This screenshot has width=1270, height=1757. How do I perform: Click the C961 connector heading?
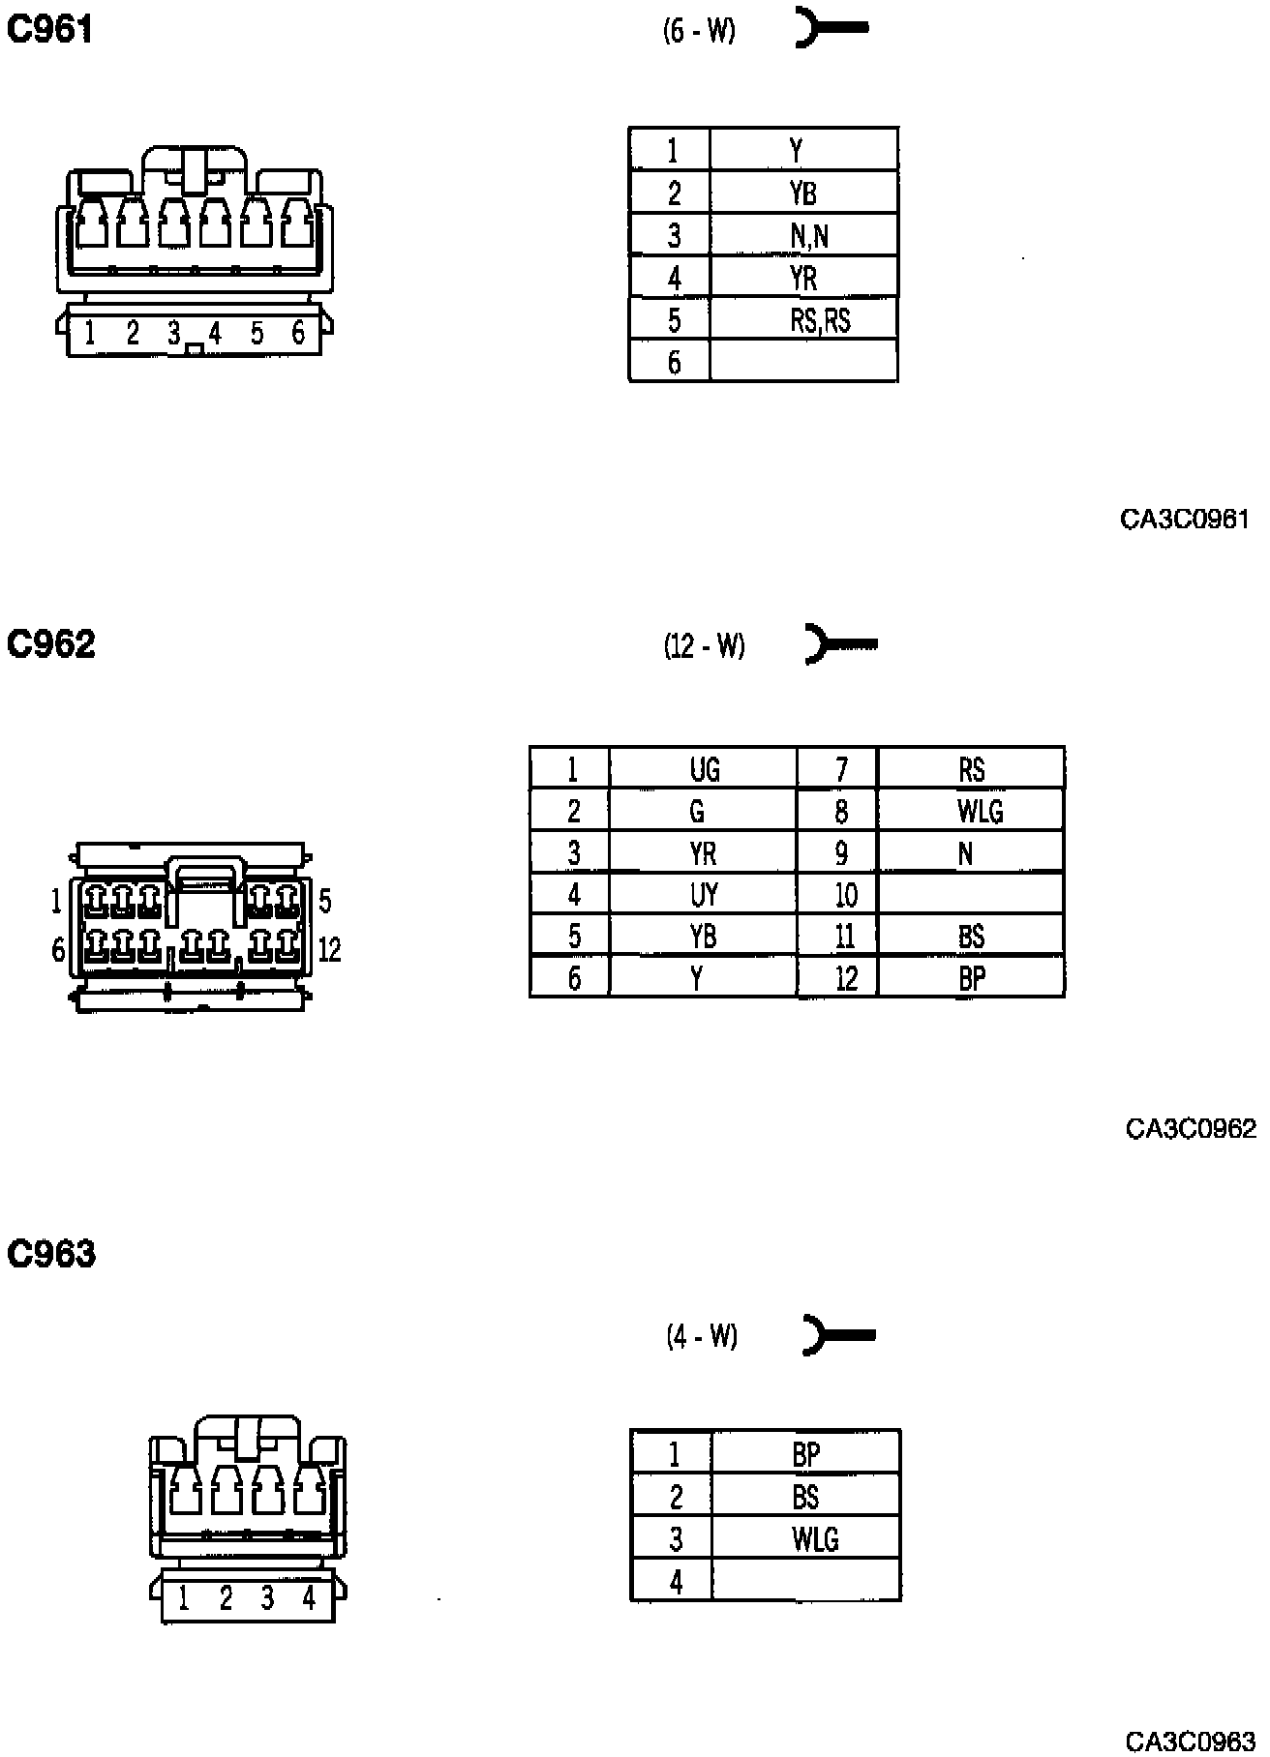[49, 30]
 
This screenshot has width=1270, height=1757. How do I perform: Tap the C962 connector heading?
[51, 643]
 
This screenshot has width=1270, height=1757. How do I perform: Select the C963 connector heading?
[51, 1254]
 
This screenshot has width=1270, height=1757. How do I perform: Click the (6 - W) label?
[699, 31]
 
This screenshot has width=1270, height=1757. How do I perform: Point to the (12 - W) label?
[704, 645]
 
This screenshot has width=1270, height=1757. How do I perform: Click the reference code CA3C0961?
[1184, 520]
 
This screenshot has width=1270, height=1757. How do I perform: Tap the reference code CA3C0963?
[1190, 1742]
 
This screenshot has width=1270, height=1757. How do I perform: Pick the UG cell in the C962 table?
[704, 769]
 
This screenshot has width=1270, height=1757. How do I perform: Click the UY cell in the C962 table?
[704, 894]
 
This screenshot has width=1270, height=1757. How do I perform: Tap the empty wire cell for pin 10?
[971, 894]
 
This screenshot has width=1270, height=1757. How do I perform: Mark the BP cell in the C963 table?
[805, 1453]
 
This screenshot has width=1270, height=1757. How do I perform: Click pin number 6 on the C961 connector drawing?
[298, 334]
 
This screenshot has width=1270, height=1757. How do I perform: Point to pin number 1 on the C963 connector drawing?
[183, 1597]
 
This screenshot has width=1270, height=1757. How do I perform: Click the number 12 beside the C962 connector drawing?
[329, 950]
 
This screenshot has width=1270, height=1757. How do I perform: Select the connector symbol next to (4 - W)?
[839, 1335]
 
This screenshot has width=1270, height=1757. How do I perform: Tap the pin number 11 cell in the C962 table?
[845, 936]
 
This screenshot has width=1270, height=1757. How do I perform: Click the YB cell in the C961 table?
[803, 194]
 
